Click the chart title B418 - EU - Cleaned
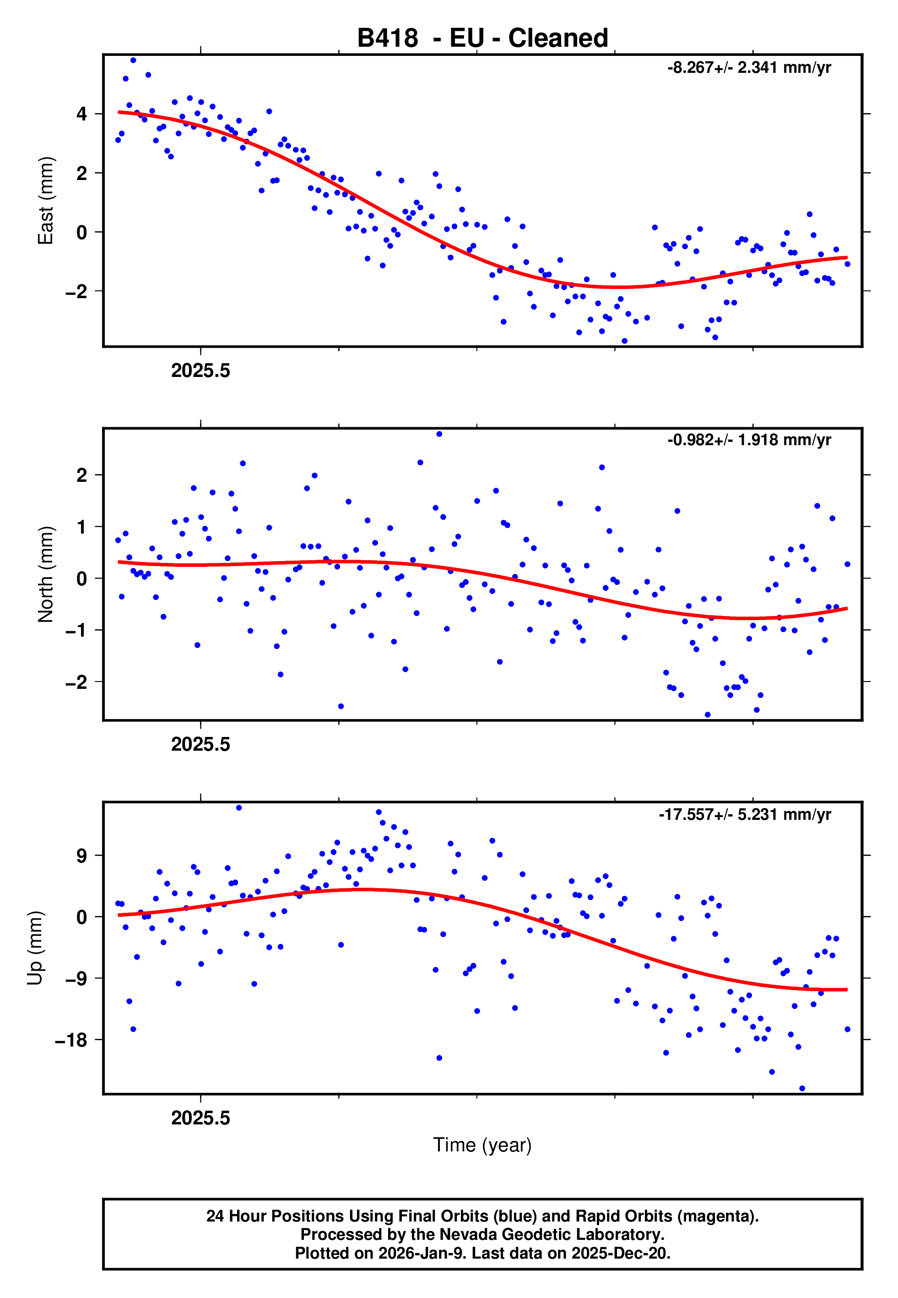click(x=482, y=38)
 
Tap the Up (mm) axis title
click(x=35, y=948)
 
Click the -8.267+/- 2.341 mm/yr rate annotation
click(x=749, y=68)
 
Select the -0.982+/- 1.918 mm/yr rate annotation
click(x=749, y=440)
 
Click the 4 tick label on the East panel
click(x=82, y=114)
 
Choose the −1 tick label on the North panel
click(x=76, y=630)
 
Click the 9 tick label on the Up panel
click(x=82, y=856)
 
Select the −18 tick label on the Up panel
click(x=71, y=1040)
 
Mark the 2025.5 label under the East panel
click(x=201, y=371)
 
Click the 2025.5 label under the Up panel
click(x=201, y=1118)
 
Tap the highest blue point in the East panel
click(x=133, y=60)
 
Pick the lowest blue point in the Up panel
click(x=802, y=1089)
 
